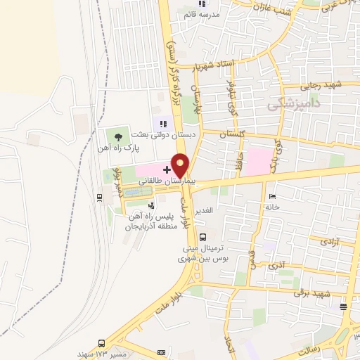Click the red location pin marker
click(x=181, y=165)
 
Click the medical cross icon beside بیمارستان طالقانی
click(x=167, y=169)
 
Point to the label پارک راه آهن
click(x=117, y=149)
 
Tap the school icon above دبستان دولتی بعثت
click(x=164, y=124)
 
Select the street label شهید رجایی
click(x=321, y=86)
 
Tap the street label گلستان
click(x=233, y=134)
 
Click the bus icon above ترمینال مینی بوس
click(x=202, y=237)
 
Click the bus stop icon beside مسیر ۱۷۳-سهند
click(x=102, y=344)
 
